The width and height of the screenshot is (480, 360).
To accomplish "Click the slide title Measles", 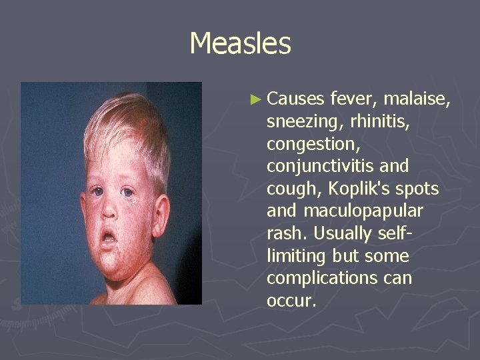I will [x=240, y=44].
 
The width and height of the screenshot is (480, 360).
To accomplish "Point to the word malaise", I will [x=419, y=100].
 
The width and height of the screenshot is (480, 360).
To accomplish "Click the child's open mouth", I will [x=108, y=237].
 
